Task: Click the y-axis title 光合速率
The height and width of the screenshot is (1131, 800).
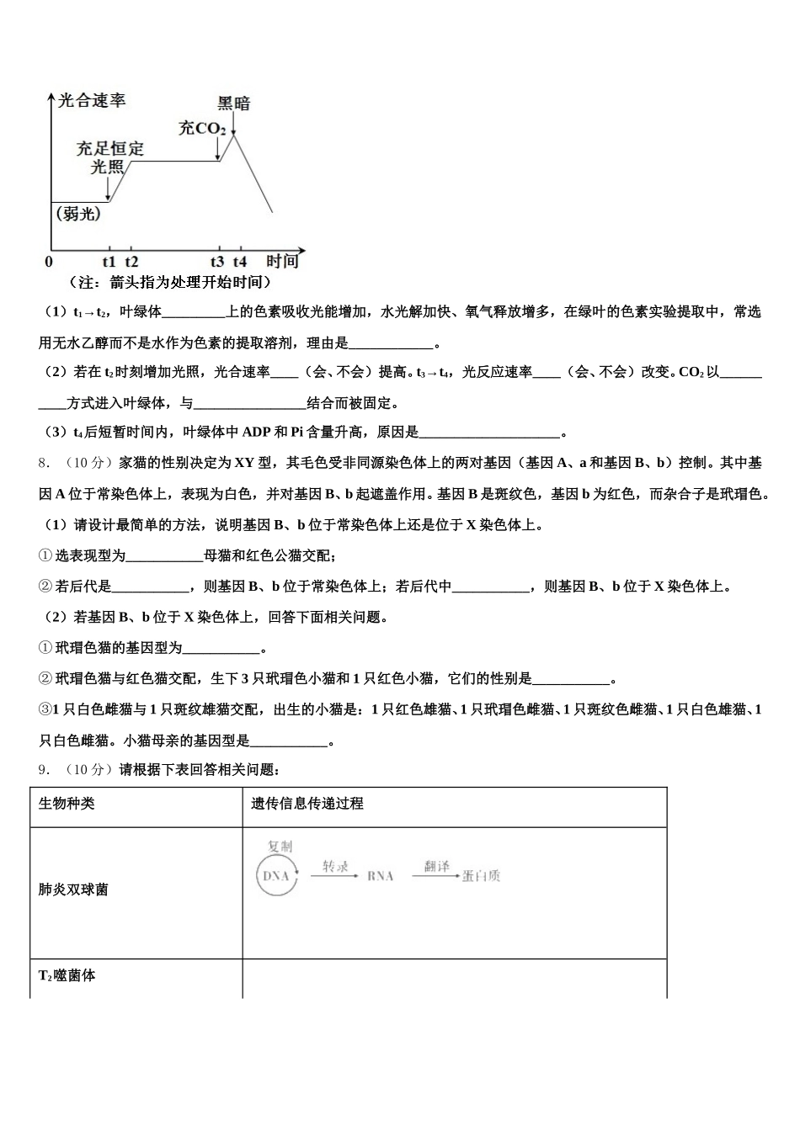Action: [x=92, y=101]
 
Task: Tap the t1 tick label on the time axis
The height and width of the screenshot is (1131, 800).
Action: [x=109, y=261]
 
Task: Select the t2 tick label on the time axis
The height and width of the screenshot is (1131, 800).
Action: [x=131, y=261]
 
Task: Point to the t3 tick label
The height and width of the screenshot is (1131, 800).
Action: [x=217, y=261]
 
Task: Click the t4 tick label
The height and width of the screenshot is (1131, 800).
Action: [x=240, y=261]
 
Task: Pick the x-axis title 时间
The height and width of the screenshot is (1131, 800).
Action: [x=282, y=261]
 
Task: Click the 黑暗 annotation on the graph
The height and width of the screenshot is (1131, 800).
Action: [x=233, y=104]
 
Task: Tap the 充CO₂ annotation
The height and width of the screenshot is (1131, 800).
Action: [x=202, y=128]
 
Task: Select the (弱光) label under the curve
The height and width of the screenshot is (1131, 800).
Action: [x=78, y=215]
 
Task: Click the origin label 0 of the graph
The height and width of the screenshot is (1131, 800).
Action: [x=49, y=262]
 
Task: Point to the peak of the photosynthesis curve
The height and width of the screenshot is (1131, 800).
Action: [x=234, y=135]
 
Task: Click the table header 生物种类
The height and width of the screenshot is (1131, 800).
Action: [x=67, y=804]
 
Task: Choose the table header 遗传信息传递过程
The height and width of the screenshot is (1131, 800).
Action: [x=307, y=804]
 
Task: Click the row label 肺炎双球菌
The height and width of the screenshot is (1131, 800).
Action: [x=73, y=889]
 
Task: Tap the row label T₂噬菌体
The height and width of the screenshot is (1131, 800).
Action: [x=67, y=975]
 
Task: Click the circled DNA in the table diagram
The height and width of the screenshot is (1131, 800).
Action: [x=276, y=875]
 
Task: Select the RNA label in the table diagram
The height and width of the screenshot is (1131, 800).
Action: [x=381, y=876]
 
